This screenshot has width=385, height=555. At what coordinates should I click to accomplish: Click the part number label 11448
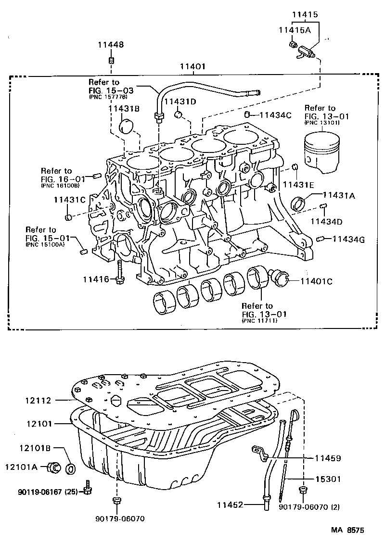[x=111, y=45]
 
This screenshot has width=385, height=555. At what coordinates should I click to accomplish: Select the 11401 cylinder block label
[x=193, y=67]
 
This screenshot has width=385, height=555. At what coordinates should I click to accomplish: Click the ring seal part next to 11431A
[x=300, y=203]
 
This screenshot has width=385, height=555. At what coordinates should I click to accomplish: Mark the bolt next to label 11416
[x=120, y=272]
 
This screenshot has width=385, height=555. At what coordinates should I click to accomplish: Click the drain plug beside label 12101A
[x=53, y=467]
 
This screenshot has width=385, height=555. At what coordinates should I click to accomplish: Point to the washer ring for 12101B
[x=70, y=467]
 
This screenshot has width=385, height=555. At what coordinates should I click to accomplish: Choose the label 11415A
[x=294, y=30]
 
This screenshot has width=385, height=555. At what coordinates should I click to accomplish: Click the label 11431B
[x=124, y=109]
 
